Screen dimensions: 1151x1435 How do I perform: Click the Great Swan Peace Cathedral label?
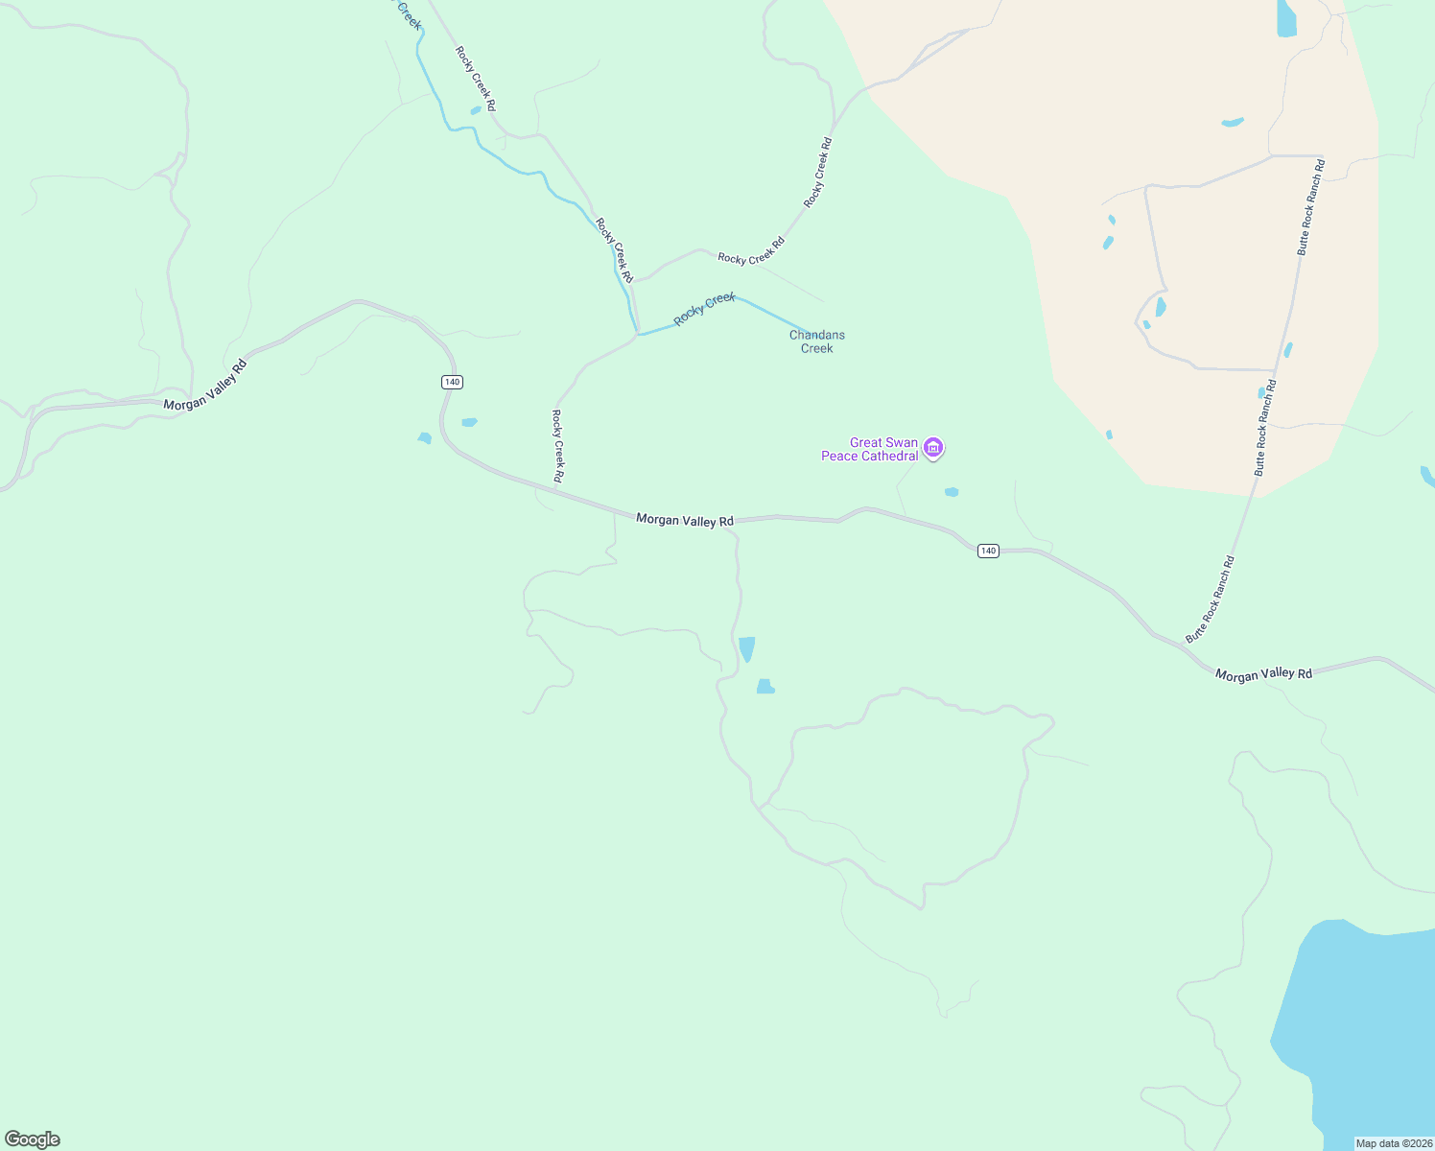coord(870,449)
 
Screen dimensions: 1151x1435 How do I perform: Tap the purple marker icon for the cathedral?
coord(933,447)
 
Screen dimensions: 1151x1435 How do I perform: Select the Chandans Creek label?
coord(816,341)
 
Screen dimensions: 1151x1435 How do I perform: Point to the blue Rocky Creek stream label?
coord(704,309)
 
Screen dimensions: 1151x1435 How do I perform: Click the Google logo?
coord(33,1139)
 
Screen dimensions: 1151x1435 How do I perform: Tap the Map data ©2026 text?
coord(1393,1143)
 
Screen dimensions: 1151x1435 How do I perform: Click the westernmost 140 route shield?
coord(452,382)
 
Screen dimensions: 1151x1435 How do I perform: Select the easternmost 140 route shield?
coord(988,551)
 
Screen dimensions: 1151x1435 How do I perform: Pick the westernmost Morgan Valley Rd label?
coord(205,386)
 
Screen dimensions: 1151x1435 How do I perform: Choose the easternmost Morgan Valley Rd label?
coord(1263,674)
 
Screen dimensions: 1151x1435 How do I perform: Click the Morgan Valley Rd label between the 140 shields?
coord(685,520)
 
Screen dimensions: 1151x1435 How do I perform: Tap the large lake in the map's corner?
coord(1362,1026)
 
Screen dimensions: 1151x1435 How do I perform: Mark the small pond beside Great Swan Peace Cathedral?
coord(952,492)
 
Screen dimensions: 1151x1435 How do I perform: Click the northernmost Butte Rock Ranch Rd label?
coord(1311,207)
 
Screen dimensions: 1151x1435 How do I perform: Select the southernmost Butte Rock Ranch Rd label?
coord(1211,599)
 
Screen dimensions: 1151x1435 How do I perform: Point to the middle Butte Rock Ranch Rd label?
coord(1266,428)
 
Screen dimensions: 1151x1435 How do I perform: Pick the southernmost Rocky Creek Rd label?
coord(557,446)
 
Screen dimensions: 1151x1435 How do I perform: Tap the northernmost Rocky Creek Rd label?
coord(476,79)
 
